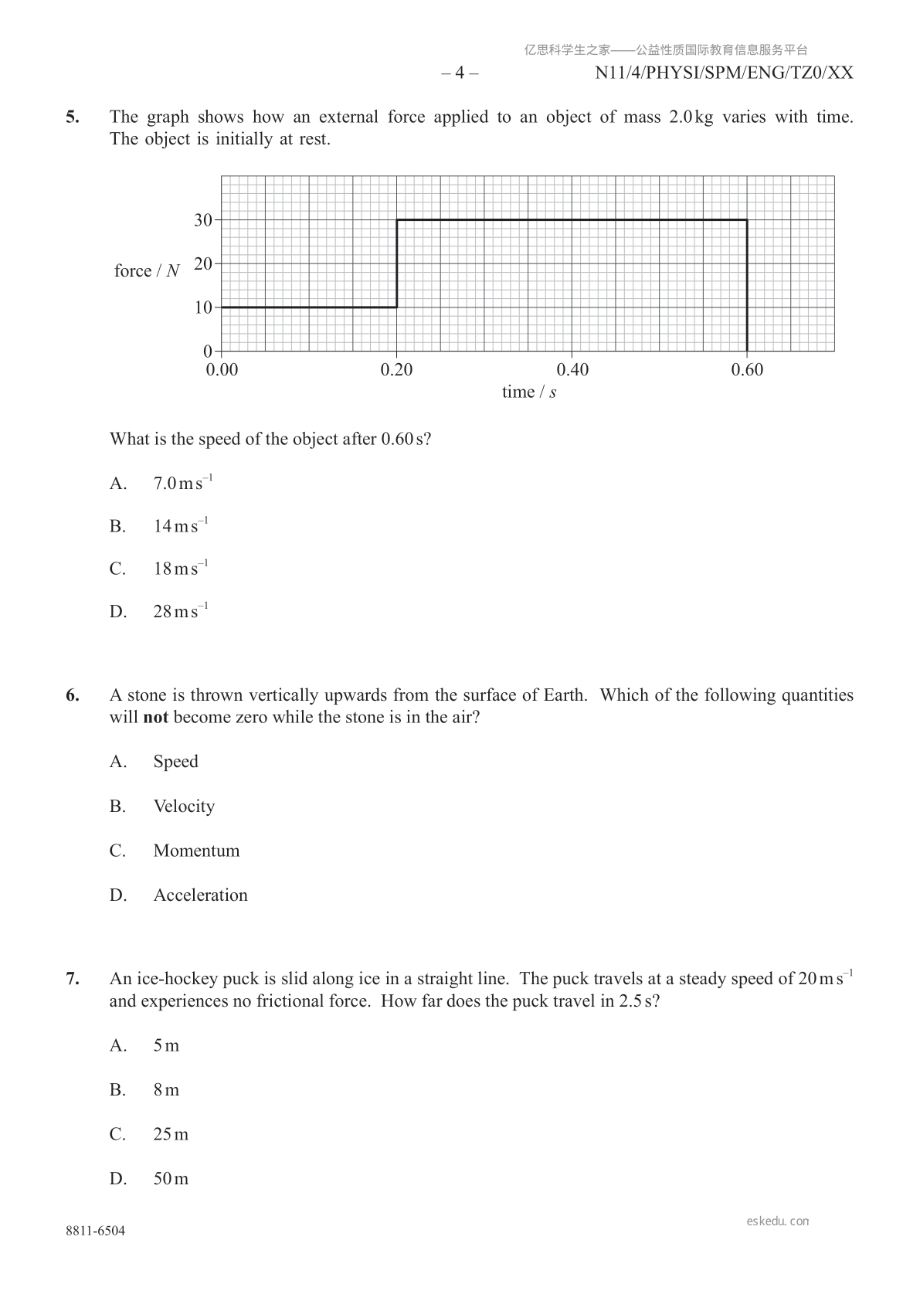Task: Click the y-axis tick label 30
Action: click(x=202, y=220)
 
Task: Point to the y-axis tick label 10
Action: click(x=202, y=307)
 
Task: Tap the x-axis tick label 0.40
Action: click(x=572, y=370)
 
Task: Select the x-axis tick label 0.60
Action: click(x=747, y=370)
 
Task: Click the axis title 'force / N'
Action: click(x=147, y=271)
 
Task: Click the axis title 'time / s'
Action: click(x=529, y=392)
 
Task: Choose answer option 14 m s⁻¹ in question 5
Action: click(x=181, y=526)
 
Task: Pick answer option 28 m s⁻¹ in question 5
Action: click(x=181, y=612)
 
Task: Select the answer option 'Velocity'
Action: click(x=184, y=807)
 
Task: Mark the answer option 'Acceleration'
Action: click(x=200, y=895)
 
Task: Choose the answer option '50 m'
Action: click(x=171, y=1179)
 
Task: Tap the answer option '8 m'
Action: click(x=166, y=1090)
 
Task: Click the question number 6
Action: click(x=73, y=695)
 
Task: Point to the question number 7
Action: click(x=73, y=979)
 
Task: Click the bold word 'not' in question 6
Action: click(x=155, y=718)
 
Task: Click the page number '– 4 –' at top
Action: click(x=460, y=73)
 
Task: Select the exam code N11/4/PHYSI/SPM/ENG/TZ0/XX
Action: click(x=724, y=73)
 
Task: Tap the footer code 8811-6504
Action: click(x=95, y=1231)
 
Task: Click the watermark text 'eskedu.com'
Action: click(x=778, y=1221)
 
